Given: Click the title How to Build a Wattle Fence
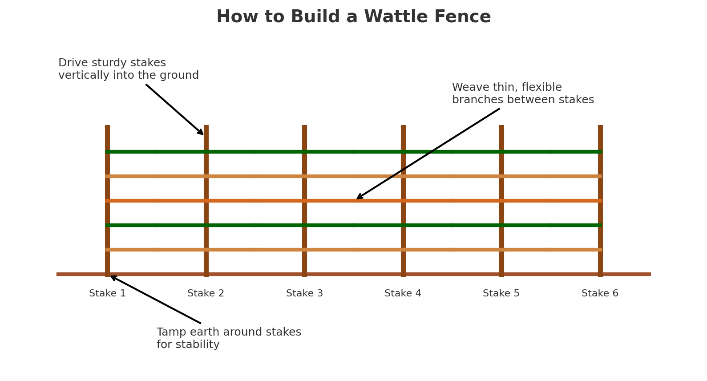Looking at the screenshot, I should coord(353,17).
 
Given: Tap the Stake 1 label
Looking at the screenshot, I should coord(107,294).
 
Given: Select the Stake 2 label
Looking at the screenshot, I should coord(206,294).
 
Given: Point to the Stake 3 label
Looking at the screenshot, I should coord(304,294).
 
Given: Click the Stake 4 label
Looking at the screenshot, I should coord(403,294).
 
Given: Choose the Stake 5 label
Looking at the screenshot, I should coord(501,294).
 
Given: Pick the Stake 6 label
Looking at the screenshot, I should coord(600,294).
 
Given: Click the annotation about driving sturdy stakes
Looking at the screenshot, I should coord(128,69).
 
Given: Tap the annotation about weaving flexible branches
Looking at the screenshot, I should coord(523,94).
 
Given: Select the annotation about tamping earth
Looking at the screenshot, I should coord(229,339).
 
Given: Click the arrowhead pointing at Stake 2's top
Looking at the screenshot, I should coord(202,133).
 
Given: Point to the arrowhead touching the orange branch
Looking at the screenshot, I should coord(359,197).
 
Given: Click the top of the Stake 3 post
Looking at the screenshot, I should coord(304,127).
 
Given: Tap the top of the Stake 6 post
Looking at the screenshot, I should coord(600,127).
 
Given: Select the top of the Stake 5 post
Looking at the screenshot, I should coord(501,127).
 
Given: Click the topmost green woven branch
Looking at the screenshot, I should coord(255,152).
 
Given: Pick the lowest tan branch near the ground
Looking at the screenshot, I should coord(255,250).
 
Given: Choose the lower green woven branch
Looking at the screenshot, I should coord(255,225).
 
